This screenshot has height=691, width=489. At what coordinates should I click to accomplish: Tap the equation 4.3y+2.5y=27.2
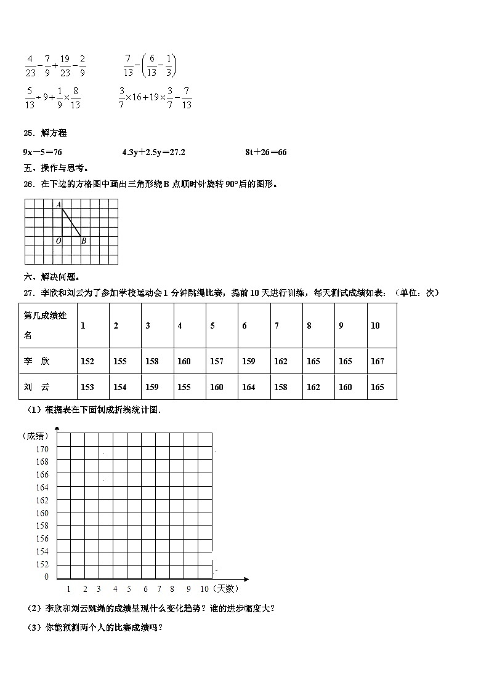point(154,152)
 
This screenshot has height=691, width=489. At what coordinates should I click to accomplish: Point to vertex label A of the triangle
point(59,205)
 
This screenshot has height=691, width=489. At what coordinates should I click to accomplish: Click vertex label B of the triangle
point(84,241)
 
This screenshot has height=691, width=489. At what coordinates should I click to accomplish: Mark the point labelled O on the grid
point(59,241)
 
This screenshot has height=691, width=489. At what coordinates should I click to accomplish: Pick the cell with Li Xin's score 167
point(377,361)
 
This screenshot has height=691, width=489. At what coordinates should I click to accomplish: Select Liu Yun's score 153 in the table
point(87,387)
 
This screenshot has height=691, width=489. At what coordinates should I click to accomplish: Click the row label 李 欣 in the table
point(36,361)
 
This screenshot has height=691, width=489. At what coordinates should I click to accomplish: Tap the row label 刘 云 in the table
point(36,387)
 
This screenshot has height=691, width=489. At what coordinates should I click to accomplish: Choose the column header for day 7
point(277,326)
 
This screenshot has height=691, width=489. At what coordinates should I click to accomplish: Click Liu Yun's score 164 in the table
point(248,387)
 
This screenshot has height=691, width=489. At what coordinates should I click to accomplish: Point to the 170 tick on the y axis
point(42,449)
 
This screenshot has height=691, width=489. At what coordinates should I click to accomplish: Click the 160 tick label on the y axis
point(42,513)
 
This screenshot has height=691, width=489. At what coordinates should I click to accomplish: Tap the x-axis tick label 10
point(204,589)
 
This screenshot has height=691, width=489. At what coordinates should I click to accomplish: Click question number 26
point(29,184)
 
